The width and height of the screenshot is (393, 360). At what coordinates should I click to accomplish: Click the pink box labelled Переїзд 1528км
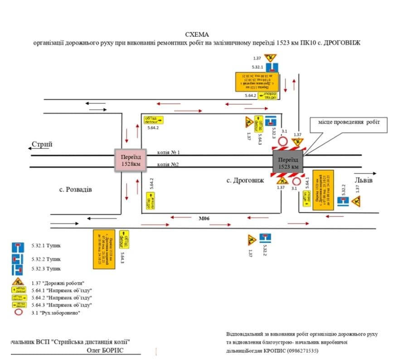point(130,160)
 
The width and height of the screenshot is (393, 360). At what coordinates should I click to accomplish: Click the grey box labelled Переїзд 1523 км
point(288,163)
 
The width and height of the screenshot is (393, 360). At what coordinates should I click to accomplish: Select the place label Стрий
point(42,144)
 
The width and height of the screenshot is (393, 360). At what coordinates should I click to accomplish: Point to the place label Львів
point(364,180)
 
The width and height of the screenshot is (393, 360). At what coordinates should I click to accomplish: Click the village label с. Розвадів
point(75,189)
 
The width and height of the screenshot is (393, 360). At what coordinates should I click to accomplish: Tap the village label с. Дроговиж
point(245,180)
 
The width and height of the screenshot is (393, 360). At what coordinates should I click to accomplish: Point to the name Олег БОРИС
point(105,350)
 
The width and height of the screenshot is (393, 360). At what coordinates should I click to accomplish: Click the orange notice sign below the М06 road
point(104,249)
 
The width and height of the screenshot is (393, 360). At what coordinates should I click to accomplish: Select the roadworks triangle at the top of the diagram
point(270,58)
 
